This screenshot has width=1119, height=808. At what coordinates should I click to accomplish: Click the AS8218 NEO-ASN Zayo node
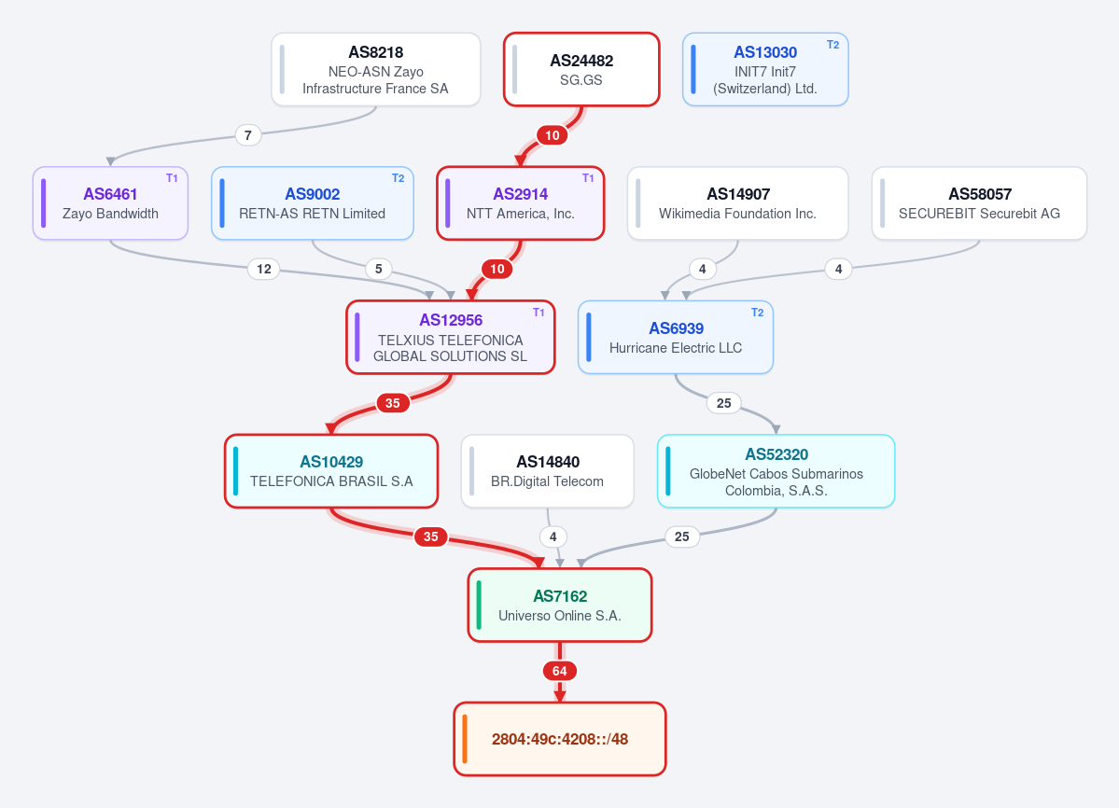tap(376, 70)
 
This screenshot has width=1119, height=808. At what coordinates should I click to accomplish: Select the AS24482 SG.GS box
tap(581, 70)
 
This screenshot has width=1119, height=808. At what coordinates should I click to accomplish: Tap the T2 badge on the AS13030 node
tap(832, 45)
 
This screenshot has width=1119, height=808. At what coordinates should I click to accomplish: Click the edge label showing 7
tap(247, 134)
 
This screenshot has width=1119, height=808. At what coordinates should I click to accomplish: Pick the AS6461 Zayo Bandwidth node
tap(111, 203)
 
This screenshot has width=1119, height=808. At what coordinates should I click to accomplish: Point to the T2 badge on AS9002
tap(399, 178)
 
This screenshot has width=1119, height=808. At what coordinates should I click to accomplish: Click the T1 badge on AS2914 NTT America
tap(588, 178)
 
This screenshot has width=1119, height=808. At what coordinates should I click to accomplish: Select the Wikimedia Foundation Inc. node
tap(738, 203)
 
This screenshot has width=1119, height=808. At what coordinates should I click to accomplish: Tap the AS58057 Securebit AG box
tap(979, 203)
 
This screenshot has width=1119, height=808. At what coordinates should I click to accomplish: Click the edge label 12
tap(264, 269)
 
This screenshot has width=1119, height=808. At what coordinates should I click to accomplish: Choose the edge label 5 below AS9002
tap(378, 269)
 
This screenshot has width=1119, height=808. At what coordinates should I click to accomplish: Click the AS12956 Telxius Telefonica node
tap(451, 338)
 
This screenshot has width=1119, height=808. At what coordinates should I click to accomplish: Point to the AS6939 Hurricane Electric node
tap(676, 338)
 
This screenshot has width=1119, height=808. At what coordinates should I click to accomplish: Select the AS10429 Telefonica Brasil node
tap(331, 471)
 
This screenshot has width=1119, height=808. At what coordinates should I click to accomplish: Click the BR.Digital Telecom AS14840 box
tap(548, 471)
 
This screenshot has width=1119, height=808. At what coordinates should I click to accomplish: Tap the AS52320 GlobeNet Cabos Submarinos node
tap(776, 471)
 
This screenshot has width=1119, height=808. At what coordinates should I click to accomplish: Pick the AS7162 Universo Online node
tap(560, 606)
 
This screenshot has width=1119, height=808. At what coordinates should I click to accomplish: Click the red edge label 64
tap(560, 671)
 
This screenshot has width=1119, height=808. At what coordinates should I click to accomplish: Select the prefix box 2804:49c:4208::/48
tap(560, 739)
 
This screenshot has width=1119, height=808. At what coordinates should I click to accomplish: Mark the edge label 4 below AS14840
tap(553, 536)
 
